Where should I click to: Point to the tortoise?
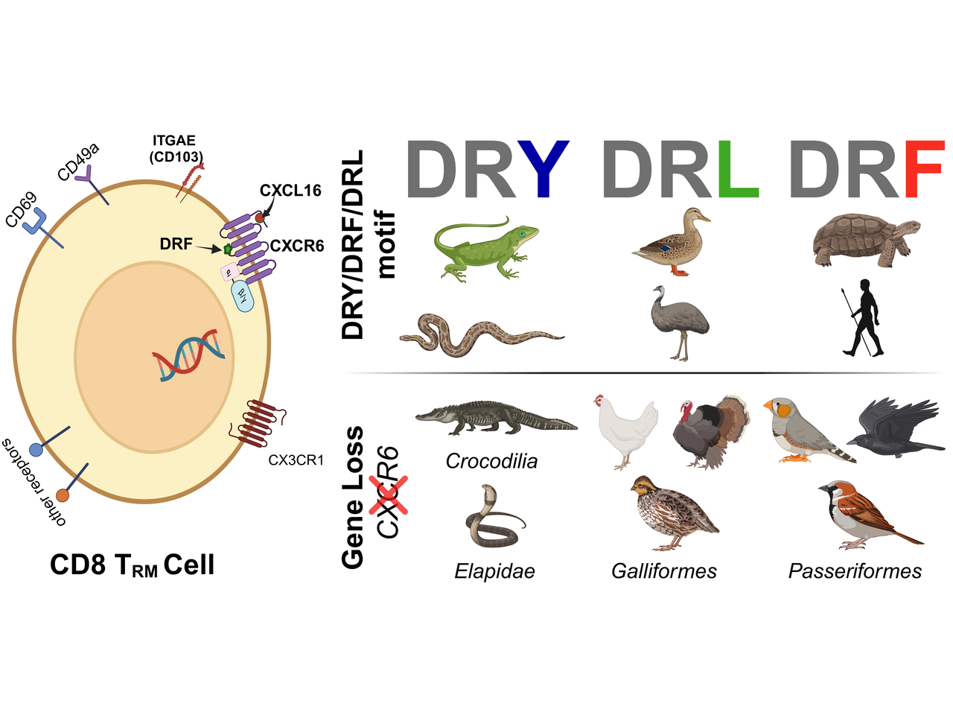[864, 240]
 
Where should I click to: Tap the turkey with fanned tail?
[711, 432]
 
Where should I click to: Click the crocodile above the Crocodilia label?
[495, 418]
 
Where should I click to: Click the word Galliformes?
[663, 571]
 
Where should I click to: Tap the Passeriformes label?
[855, 571]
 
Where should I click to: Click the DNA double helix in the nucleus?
[189, 355]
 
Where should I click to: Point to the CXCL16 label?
[290, 191]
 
